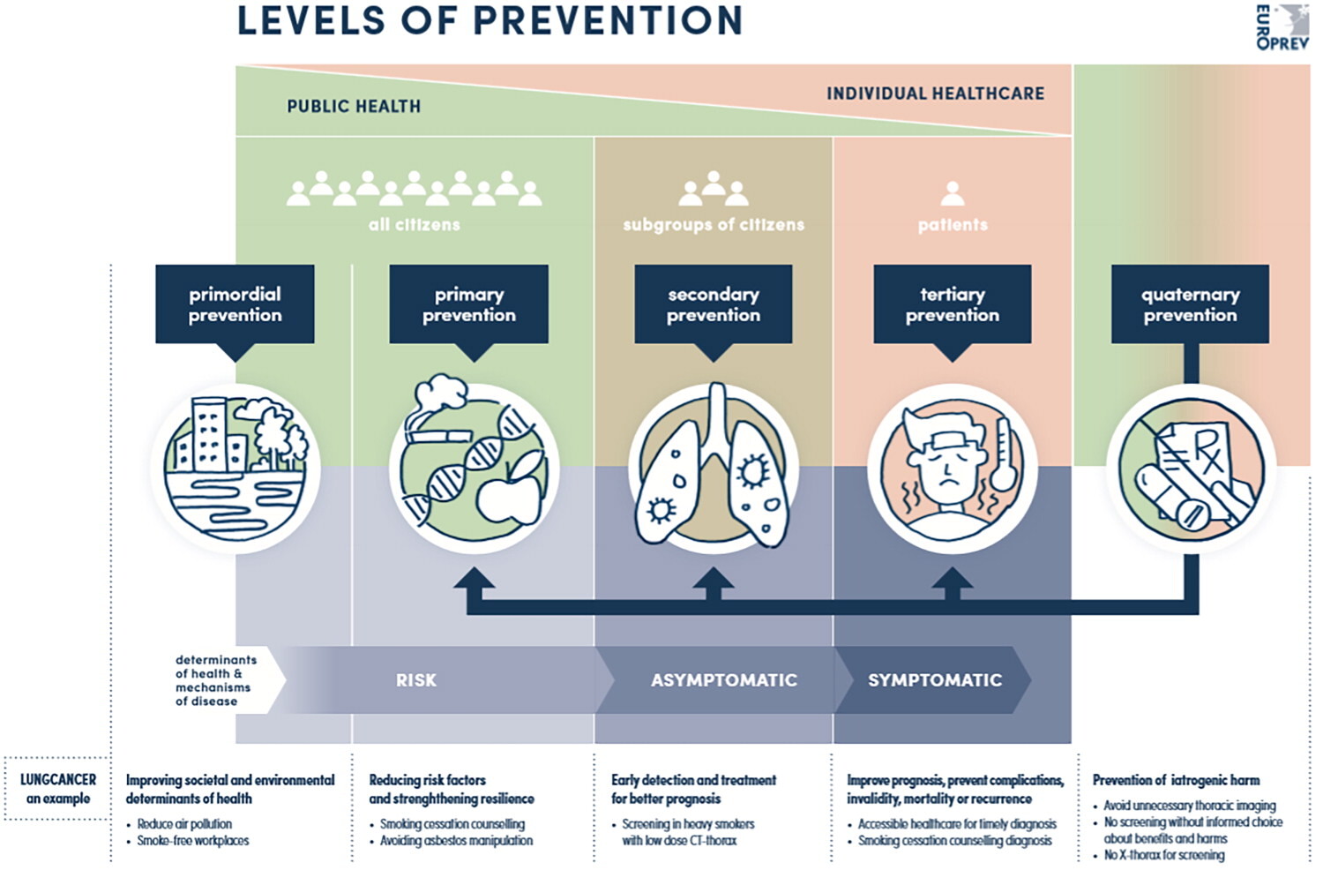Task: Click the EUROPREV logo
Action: pos(1282,26)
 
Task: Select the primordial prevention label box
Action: pos(235,304)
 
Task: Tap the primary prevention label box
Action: pos(468,304)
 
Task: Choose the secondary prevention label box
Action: pos(713,304)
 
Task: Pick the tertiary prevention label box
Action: pos(952,304)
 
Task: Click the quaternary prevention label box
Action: pos(1190,304)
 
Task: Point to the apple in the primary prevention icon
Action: pos(510,490)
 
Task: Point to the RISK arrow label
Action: pos(415,680)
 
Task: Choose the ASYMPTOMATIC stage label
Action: pos(723,680)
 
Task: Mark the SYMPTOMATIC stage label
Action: pos(934,680)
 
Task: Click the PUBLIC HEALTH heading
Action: pos(354,107)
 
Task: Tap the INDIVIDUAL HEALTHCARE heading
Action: pos(935,94)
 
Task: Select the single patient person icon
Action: pos(953,193)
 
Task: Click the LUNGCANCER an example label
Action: pos(57,789)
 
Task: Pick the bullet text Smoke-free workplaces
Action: pos(193,841)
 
